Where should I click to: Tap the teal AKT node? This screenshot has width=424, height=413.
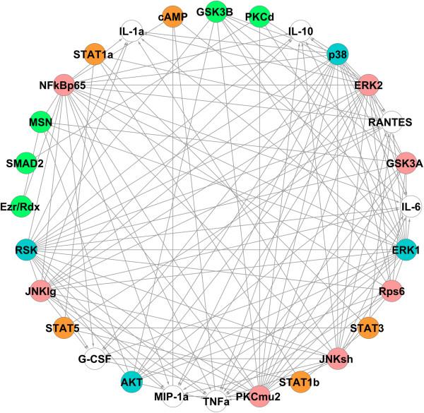[x=131, y=382]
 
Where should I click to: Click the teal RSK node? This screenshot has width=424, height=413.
[x=26, y=249]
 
